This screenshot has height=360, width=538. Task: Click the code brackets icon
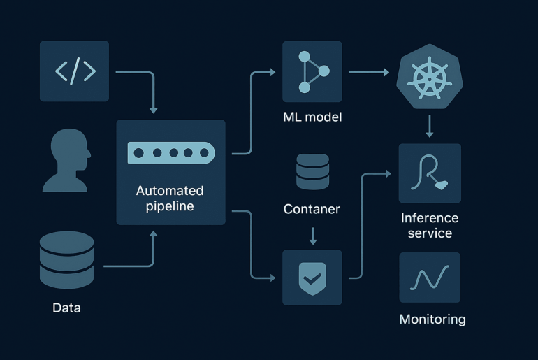coord(74,71)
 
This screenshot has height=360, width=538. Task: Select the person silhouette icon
coord(66,163)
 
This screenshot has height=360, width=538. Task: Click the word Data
coord(66,308)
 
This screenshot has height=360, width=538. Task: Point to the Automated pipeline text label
coord(170,199)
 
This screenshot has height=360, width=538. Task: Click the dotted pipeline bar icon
coord(171,152)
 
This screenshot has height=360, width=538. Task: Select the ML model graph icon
coord(312,71)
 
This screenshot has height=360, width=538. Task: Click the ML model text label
coord(312,117)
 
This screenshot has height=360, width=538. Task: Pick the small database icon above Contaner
coord(312,171)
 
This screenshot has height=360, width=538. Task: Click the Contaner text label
coord(312,209)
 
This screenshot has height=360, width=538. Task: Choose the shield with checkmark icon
coord(312,278)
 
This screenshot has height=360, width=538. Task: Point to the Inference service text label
coord(430,225)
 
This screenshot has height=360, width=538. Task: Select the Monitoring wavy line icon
coord(430,278)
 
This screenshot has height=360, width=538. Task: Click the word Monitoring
coord(432,319)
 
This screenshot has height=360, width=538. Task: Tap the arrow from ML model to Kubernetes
coord(368,72)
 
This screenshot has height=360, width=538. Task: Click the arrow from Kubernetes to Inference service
coord(430,126)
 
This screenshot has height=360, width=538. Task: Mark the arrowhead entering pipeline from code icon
coord(154,109)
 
